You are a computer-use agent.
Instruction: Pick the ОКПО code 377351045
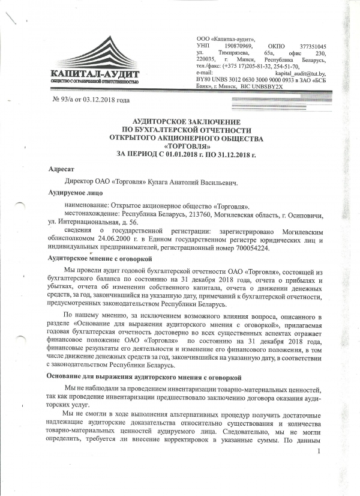coord(311,46)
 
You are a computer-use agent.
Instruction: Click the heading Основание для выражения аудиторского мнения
coord(144,376)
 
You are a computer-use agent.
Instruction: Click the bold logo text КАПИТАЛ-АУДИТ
coord(95,74)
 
